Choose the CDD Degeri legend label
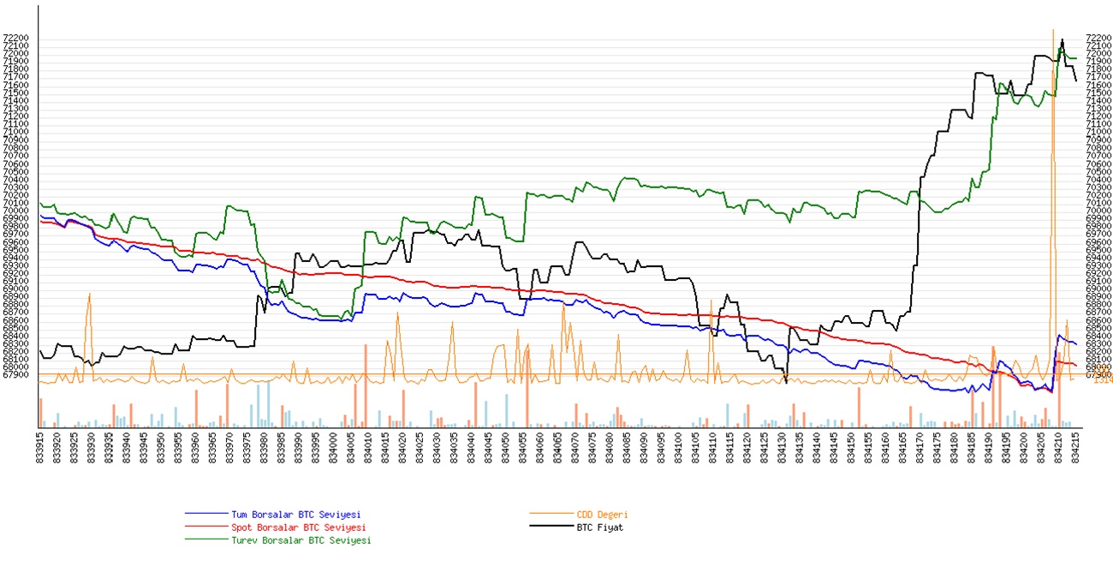click(601, 515)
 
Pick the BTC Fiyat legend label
click(599, 527)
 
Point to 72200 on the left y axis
click(17, 39)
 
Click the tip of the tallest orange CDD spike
click(1053, 30)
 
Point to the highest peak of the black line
click(1062, 39)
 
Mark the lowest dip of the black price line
click(786, 383)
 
